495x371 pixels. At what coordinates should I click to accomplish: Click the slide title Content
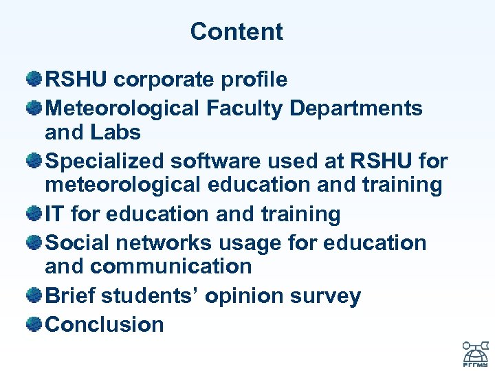tap(236, 32)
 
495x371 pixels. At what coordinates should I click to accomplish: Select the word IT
tap(55, 214)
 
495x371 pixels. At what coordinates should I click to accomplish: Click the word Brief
tap(70, 296)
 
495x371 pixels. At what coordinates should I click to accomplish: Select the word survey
tap(325, 296)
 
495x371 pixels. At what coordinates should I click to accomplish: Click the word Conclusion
tap(104, 324)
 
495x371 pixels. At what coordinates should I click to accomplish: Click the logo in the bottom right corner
tap(474, 353)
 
